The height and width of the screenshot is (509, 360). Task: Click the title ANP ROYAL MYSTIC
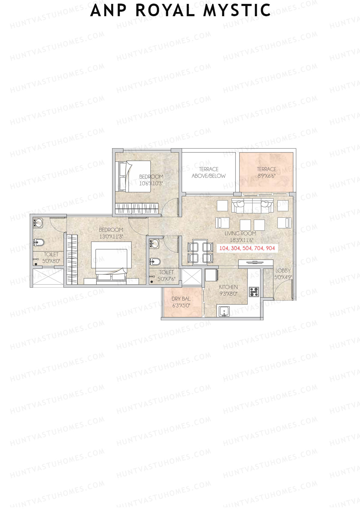pos(181,10)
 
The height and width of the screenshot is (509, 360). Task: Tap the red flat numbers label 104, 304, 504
pos(247,248)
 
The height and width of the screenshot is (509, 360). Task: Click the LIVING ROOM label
pos(240,233)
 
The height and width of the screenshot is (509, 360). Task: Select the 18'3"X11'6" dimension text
pos(241,240)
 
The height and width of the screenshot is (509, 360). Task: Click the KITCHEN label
pos(228,287)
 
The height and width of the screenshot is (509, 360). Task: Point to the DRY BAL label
pos(181,299)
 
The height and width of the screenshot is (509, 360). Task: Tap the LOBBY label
pos(283,271)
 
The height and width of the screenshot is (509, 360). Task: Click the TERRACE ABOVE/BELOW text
pos(208,172)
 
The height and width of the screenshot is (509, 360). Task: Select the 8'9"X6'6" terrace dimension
pos(266,176)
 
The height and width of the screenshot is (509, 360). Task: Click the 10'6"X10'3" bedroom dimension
pos(151,183)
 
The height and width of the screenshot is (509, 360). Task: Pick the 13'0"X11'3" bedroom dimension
pos(111,236)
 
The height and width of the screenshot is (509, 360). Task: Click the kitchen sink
pos(224,311)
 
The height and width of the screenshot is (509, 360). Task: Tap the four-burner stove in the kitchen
pos(254,292)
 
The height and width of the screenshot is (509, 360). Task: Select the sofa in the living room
pos(252,205)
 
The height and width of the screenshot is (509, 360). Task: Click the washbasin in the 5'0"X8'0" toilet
pos(38,223)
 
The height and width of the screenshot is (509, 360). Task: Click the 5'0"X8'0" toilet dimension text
pos(51,261)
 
